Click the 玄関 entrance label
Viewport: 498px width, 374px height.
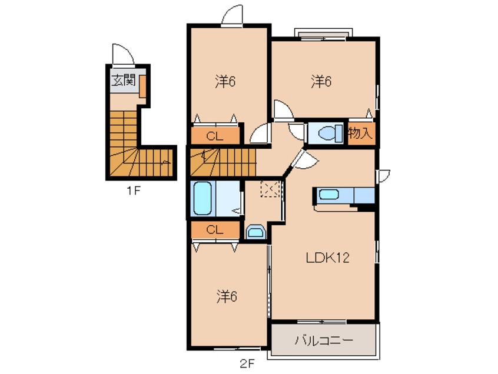(123, 80)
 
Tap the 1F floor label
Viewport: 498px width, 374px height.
(134, 191)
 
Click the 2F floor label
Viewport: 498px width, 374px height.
(247, 363)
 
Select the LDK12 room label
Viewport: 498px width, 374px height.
(327, 257)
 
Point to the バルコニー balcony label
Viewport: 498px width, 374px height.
(324, 340)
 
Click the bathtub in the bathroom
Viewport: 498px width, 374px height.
(202, 199)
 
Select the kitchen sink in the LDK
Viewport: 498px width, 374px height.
(328, 194)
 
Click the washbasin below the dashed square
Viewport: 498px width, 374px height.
(256, 232)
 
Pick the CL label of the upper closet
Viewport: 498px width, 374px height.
(215, 136)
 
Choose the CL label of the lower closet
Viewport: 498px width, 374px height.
(215, 229)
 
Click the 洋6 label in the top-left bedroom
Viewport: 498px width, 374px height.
(225, 82)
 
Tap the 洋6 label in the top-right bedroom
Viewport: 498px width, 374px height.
(321, 82)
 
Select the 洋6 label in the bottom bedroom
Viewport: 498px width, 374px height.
(227, 296)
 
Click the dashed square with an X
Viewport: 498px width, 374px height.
(270, 189)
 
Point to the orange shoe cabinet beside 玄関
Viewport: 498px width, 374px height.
(143, 86)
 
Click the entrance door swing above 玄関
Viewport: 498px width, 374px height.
(123, 55)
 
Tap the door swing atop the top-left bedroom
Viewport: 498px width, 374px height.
(232, 14)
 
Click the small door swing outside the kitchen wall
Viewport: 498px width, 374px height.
(383, 176)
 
